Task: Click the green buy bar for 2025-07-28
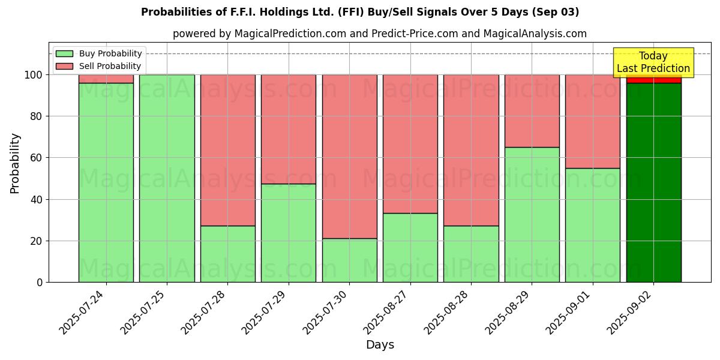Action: point(227,254)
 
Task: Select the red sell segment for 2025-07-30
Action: point(349,156)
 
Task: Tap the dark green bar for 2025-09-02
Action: point(653,182)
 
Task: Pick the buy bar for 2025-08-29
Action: point(532,214)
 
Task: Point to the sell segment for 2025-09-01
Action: point(592,121)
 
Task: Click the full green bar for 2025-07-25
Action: point(167,178)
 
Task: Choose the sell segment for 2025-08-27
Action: point(410,144)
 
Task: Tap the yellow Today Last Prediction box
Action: point(653,62)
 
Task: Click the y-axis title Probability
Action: point(15,163)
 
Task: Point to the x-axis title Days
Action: point(380,345)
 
